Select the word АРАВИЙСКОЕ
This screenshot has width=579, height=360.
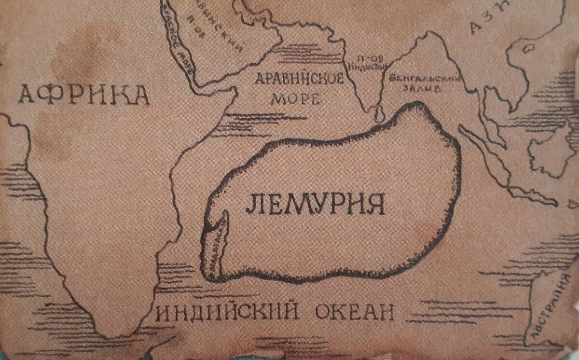[300, 78]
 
